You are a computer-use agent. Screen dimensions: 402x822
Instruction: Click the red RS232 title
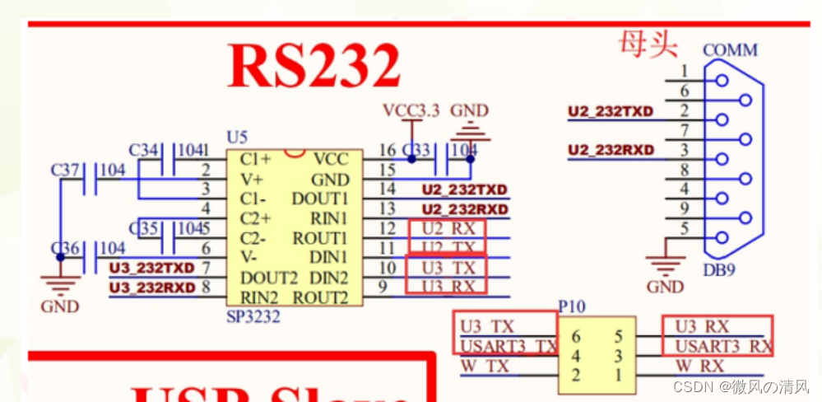click(313, 65)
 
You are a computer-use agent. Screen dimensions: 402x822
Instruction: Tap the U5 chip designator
click(236, 137)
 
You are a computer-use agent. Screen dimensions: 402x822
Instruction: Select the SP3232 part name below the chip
click(253, 316)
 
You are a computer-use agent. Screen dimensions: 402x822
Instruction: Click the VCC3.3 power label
click(411, 110)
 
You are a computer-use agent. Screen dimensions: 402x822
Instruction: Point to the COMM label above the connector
click(730, 50)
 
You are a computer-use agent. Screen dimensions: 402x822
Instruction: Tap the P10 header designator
click(572, 306)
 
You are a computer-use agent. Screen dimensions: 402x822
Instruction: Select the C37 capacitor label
click(66, 170)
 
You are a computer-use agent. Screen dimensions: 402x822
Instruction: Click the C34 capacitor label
click(144, 150)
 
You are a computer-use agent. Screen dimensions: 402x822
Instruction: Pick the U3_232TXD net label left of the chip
click(152, 268)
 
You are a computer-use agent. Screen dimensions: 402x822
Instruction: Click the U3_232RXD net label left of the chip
click(152, 287)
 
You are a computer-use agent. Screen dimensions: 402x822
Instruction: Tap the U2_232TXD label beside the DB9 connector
click(611, 110)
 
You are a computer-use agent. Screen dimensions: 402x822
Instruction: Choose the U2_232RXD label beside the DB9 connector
click(611, 150)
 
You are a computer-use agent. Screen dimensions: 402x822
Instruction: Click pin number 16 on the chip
click(387, 150)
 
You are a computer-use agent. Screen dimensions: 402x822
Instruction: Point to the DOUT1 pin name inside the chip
click(320, 199)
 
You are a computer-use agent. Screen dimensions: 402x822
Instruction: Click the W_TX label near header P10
click(485, 366)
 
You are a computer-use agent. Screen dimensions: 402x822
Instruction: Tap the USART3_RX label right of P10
click(723, 346)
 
